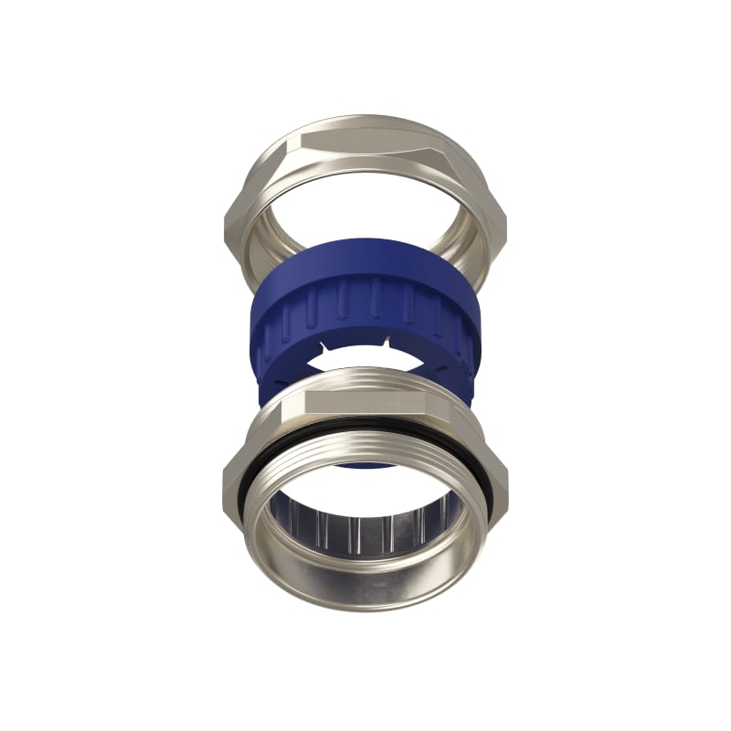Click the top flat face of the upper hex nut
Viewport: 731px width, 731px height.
tap(365, 137)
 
